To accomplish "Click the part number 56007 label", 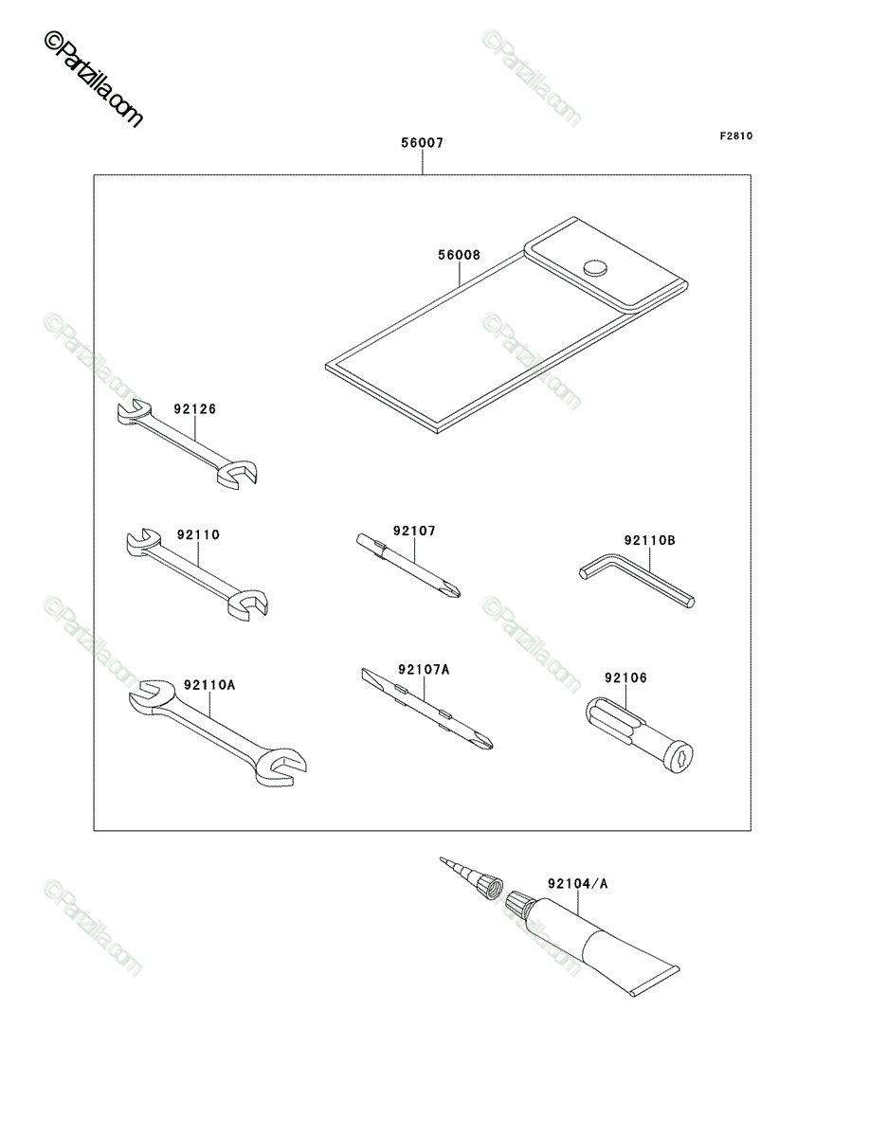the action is [422, 142].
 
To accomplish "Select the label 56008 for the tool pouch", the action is [459, 255].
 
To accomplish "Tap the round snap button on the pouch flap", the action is [595, 268].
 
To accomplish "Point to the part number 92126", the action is [194, 409].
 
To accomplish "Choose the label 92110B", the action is [649, 540].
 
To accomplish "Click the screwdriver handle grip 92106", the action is [640, 735].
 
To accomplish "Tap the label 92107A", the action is [424, 670].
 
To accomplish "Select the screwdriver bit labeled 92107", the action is [408, 565].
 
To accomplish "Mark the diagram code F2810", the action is [736, 135].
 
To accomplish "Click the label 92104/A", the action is [577, 883].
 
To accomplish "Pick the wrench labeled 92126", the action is [187, 444].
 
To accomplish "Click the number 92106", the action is [625, 677].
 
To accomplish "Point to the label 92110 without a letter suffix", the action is [198, 534].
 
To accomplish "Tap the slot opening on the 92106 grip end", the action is [679, 759].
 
